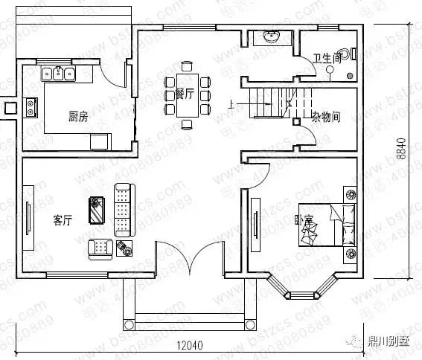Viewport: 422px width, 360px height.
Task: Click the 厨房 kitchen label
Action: coord(78,116)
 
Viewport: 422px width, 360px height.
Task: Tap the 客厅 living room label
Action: coord(63,220)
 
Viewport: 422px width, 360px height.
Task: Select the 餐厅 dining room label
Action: coord(184,94)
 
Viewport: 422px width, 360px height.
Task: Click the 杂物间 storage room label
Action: coord(325,117)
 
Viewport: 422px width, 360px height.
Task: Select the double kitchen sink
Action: coord(58,73)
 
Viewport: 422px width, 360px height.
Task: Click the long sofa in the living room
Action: coord(121,208)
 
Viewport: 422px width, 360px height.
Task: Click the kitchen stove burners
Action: coord(31,108)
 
